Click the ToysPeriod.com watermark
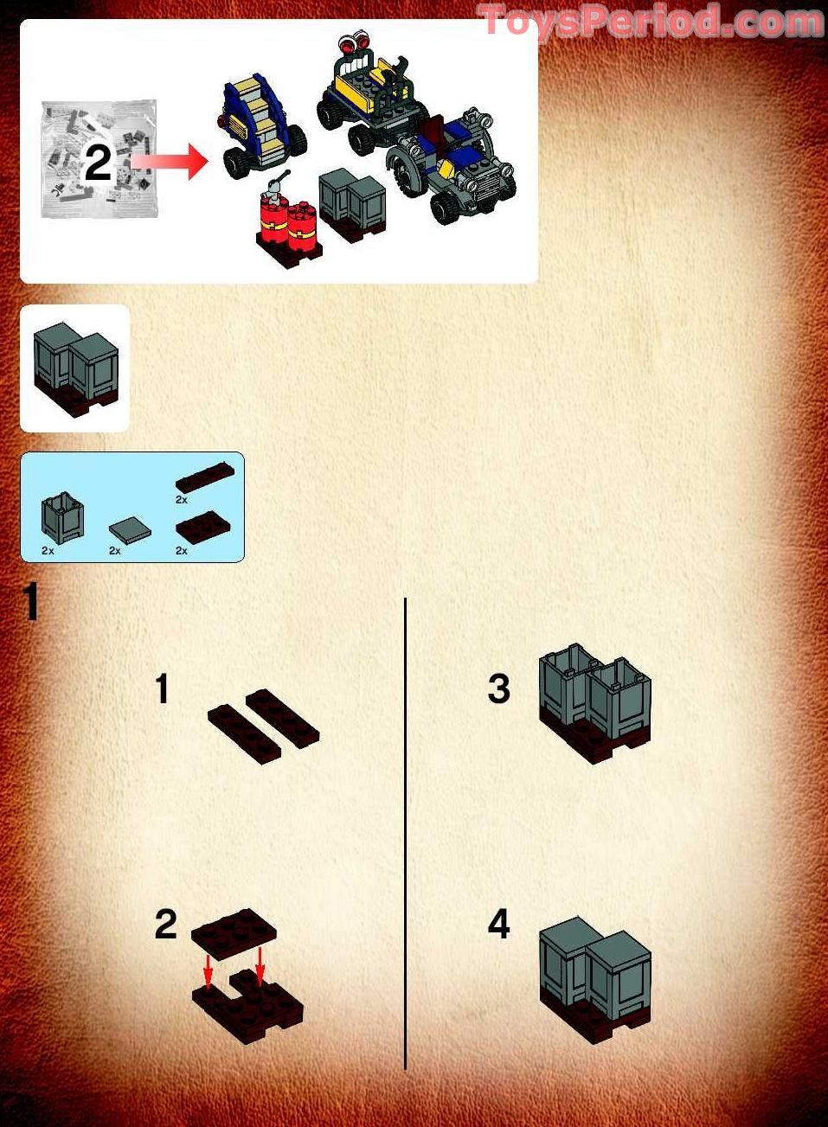click(x=650, y=22)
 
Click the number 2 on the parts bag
click(x=98, y=163)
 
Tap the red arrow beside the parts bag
click(x=170, y=162)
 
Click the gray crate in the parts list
click(x=62, y=517)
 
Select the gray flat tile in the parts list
click(x=130, y=529)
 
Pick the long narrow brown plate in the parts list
click(x=205, y=477)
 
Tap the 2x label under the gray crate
click(x=48, y=551)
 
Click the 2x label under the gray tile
click(x=115, y=551)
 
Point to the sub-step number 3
click(x=499, y=688)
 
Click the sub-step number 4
click(x=499, y=924)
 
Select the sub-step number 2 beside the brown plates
click(x=165, y=924)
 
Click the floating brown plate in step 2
click(x=234, y=933)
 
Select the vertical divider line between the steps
click(x=405, y=830)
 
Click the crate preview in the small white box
click(x=75, y=368)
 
